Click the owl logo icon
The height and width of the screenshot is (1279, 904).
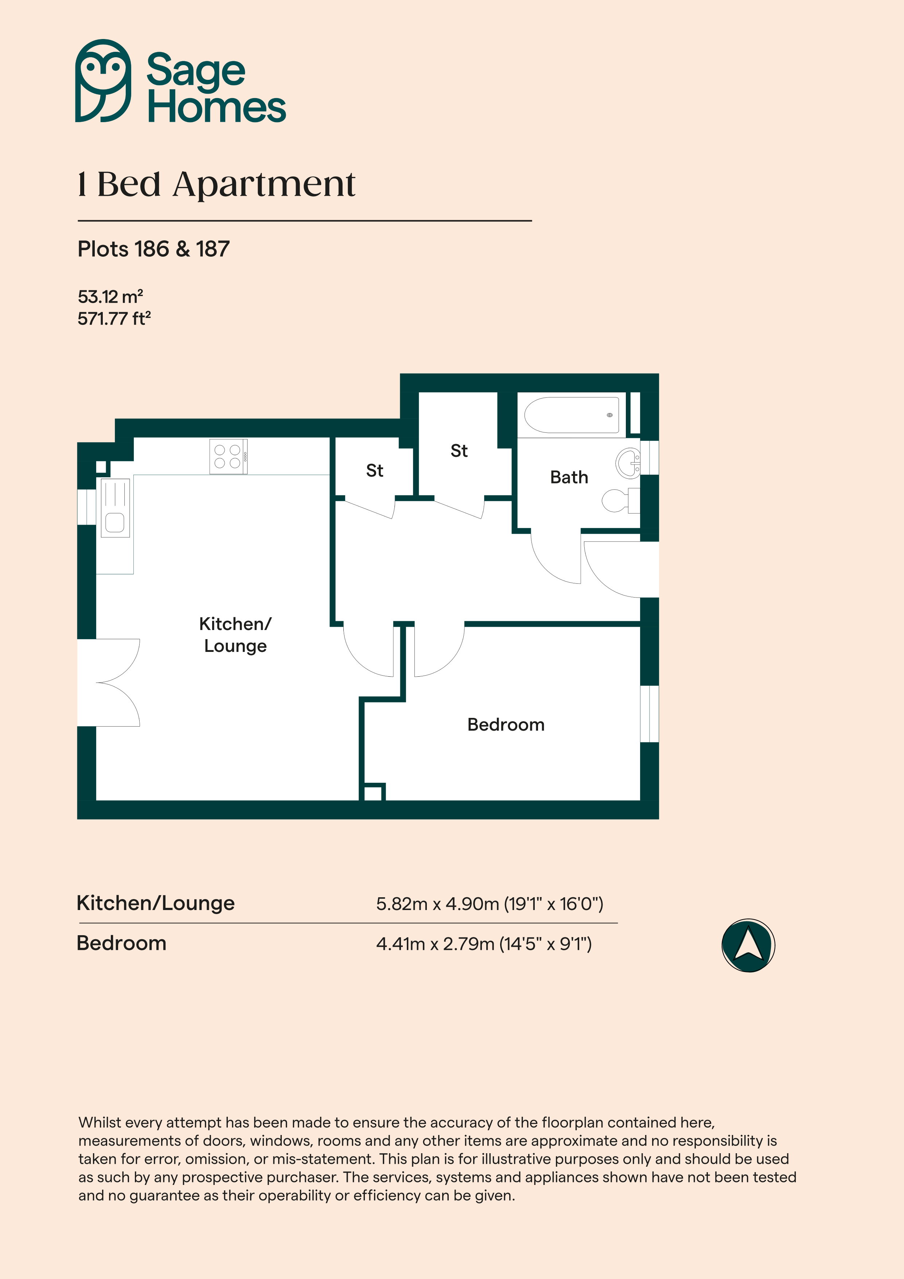[103, 81]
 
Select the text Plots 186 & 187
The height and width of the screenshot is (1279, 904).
[154, 249]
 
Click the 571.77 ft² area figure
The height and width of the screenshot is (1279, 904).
[114, 318]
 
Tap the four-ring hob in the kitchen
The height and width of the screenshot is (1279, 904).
[228, 456]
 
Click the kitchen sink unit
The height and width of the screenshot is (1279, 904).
[115, 508]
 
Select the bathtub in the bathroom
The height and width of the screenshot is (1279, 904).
[572, 415]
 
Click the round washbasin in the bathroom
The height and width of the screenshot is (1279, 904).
[628, 463]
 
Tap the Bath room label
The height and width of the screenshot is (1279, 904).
[569, 477]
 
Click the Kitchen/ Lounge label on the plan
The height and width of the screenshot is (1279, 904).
[235, 634]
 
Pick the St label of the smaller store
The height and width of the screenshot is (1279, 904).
[374, 471]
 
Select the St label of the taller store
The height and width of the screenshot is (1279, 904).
[459, 451]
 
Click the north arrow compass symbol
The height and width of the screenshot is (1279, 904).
[748, 945]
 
